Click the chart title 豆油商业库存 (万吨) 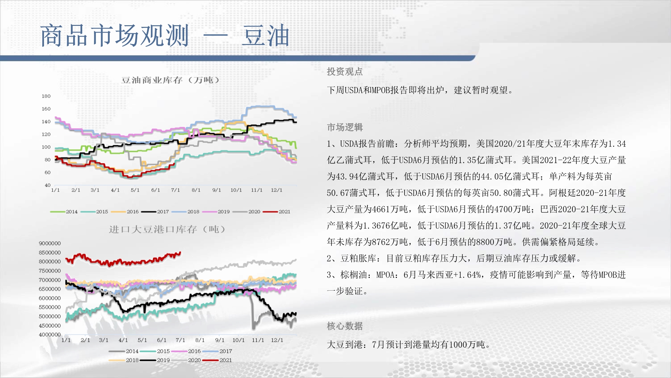click(170, 80)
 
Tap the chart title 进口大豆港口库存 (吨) click(167, 229)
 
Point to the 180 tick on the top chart click(46, 96)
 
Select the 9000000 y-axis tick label click(50, 243)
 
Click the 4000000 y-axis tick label click(50, 335)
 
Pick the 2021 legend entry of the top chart click(276, 212)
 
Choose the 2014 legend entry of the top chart click(64, 212)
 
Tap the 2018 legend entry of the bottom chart click(124, 360)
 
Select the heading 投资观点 click(345, 72)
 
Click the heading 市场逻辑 click(345, 127)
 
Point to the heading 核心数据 click(345, 326)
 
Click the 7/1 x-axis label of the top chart click(175, 190)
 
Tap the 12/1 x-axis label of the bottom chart click(277, 340)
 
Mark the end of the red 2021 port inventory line click(180, 252)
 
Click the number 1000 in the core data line click(458, 345)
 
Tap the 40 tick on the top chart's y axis click(48, 185)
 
